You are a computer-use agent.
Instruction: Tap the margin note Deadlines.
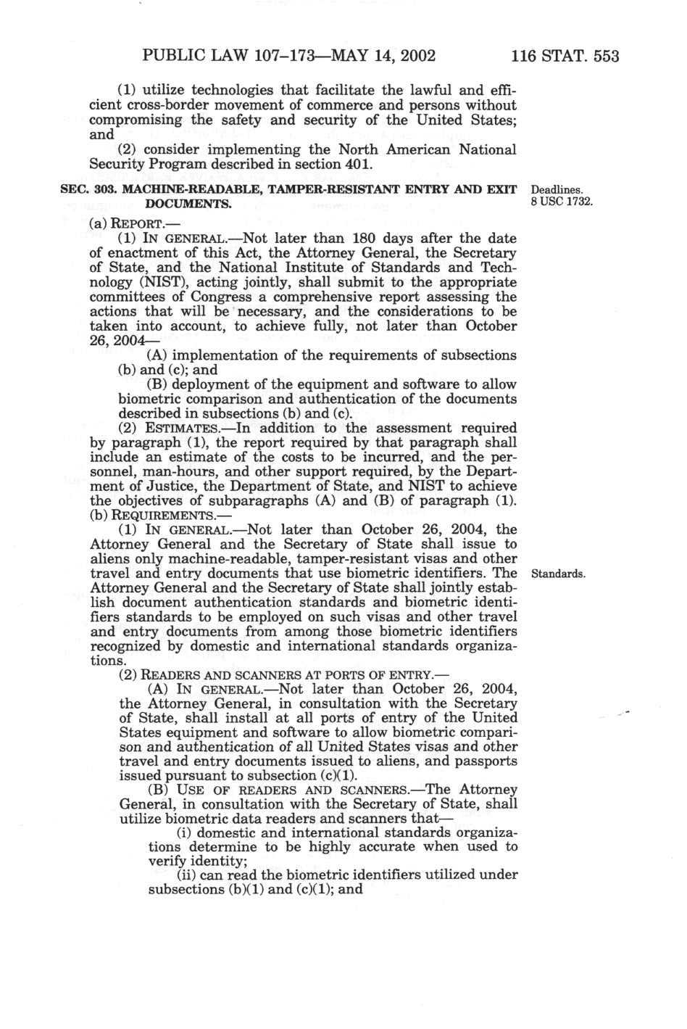click(x=554, y=190)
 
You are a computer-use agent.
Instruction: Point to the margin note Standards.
click(x=557, y=574)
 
